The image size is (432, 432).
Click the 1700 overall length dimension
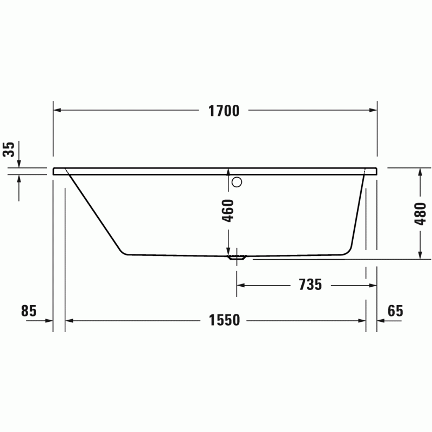224,111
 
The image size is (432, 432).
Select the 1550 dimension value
224,320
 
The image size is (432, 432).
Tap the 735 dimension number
310,285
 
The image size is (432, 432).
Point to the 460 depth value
228,211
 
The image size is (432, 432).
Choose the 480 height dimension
420,214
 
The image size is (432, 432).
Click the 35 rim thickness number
9,150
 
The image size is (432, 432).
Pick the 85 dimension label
29,311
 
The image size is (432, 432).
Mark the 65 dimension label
395,311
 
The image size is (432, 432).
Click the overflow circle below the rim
237,182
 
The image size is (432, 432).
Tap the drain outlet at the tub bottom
237,258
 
